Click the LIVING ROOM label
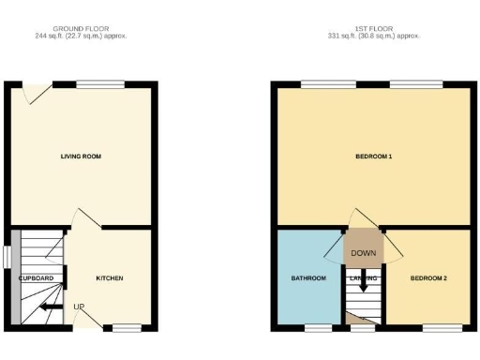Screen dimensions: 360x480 pos(81,157)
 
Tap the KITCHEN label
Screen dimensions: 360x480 pos(110,278)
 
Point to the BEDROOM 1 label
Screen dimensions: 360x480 pos(373,157)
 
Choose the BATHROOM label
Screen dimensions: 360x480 pos(307,278)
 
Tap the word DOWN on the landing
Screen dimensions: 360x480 pos(363,253)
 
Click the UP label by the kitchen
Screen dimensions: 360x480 pos(80,307)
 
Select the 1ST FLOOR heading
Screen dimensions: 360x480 pos(373,28)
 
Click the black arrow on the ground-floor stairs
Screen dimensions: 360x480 pos(54,307)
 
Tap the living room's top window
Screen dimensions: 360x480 pos(95,84)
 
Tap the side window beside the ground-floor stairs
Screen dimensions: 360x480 pos(6,256)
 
